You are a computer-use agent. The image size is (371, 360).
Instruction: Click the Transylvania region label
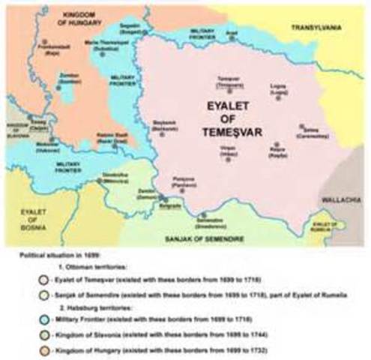click(316, 27)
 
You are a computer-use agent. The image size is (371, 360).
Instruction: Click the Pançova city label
click(194, 182)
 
